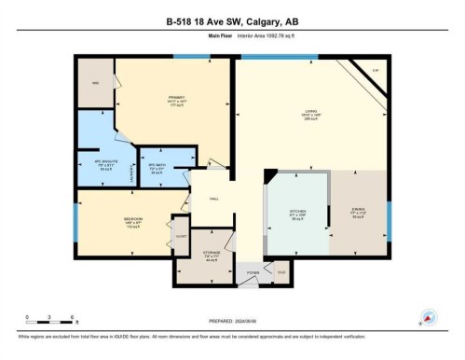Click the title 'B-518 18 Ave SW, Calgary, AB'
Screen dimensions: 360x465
[x=232, y=21]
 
